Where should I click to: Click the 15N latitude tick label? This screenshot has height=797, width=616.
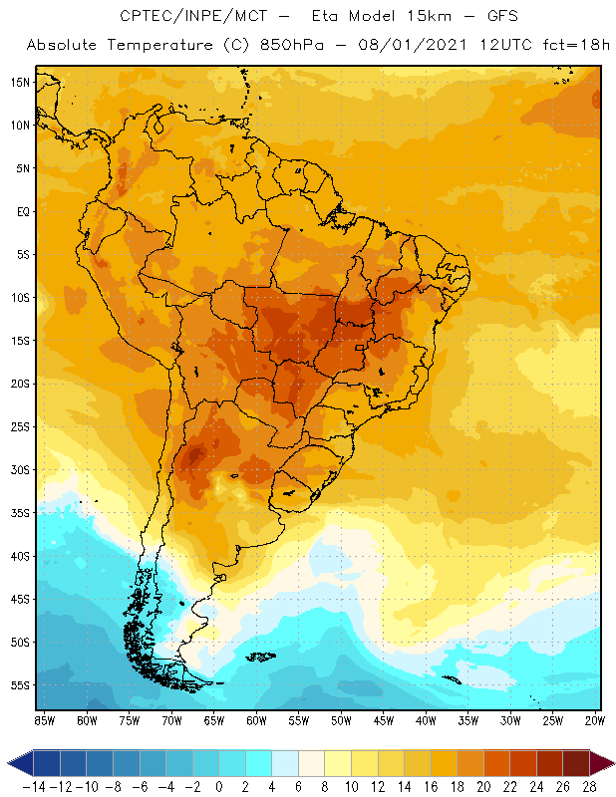click(x=20, y=82)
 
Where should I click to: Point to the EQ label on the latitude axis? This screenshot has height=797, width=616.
click(x=22, y=211)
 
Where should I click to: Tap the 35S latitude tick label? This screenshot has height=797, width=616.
click(x=20, y=513)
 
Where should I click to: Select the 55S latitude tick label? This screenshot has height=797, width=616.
click(x=20, y=685)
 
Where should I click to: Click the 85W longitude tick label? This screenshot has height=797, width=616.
click(x=44, y=720)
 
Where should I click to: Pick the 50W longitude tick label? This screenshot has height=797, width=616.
click(x=341, y=720)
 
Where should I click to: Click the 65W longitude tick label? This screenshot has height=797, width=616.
click(x=213, y=720)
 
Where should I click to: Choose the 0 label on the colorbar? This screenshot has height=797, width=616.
click(x=219, y=787)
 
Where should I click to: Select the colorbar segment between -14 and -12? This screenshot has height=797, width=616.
click(x=47, y=763)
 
